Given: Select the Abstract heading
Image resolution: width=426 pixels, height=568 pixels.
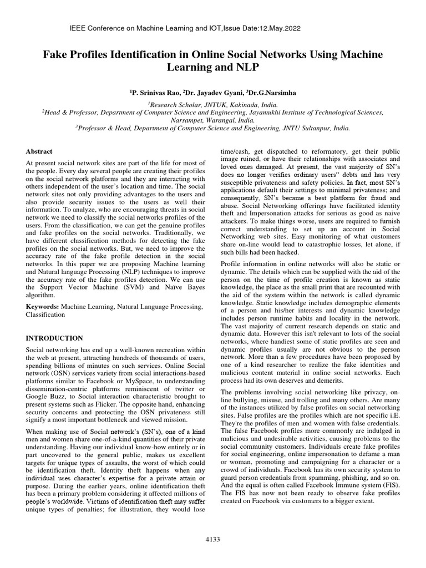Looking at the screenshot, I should pyautogui.click(x=39, y=151).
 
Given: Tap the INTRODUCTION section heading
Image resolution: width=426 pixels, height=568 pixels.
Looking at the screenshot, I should pyautogui.click(x=54, y=338).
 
